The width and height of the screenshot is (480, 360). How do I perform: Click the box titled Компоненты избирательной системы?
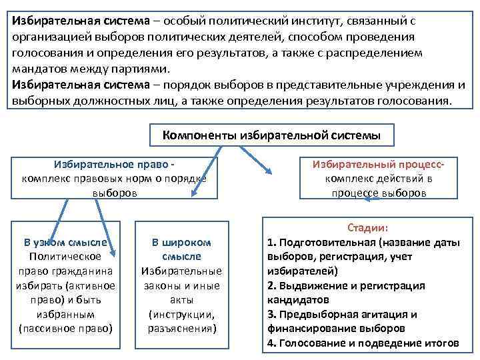[271, 135]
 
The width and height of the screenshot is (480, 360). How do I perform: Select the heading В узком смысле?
[65, 242]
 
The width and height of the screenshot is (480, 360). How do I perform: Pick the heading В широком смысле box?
[181, 249]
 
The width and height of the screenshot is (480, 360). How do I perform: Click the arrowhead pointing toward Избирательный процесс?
[268, 170]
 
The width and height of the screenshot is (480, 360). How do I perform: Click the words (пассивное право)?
[65, 329]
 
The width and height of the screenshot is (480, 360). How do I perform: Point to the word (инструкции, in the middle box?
[181, 314]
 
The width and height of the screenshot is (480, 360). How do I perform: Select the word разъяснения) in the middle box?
[181, 329]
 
